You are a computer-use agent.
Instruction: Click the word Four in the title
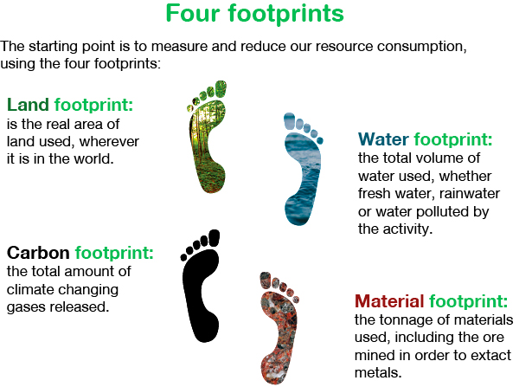click(193, 13)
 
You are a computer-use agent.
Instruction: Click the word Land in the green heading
click(29, 105)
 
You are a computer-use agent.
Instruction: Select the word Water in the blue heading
click(383, 139)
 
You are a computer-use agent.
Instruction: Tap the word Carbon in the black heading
click(38, 253)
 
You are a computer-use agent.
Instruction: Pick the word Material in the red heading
click(389, 301)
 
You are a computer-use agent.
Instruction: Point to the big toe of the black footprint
click(215, 238)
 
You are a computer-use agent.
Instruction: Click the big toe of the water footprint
click(289, 121)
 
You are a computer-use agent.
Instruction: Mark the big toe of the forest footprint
click(221, 88)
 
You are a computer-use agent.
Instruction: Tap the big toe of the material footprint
click(266, 281)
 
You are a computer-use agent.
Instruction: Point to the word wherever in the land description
click(109, 142)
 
